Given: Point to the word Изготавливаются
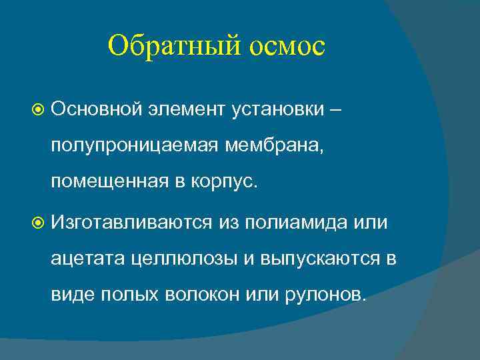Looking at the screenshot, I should coord(133,221).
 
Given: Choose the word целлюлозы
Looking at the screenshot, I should coord(177,258).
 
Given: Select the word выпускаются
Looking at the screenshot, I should coord(313,258).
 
